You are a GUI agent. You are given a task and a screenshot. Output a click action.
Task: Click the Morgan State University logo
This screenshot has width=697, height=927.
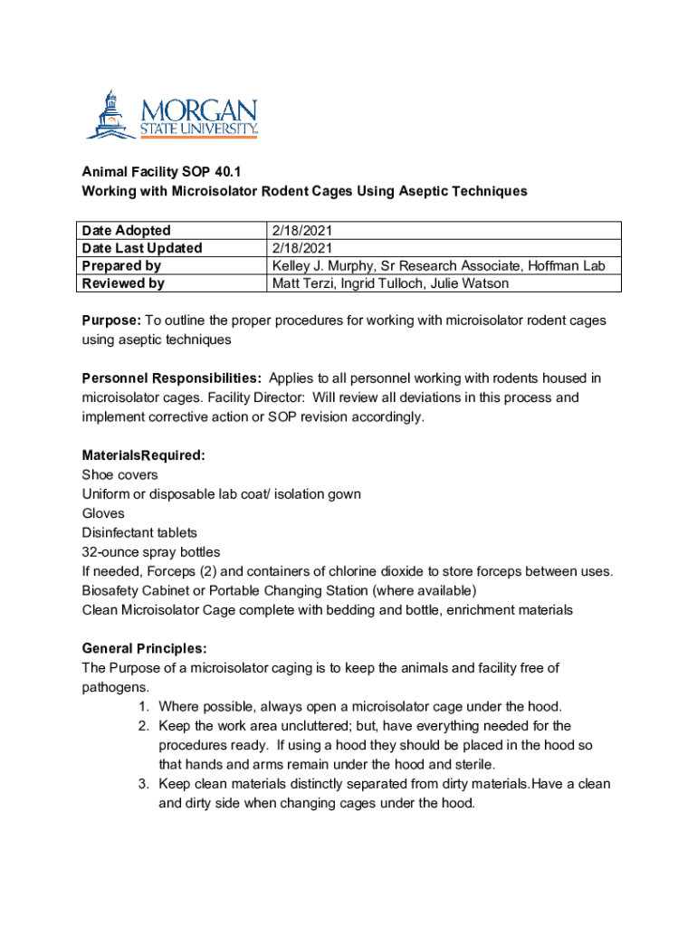[172, 115]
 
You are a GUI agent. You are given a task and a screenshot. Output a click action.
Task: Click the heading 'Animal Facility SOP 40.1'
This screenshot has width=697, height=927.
[161, 172]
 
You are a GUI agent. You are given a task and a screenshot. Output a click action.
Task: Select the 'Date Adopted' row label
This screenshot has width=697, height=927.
[126, 230]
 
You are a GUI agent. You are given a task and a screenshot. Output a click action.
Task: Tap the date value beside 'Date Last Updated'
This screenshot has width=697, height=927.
[302, 248]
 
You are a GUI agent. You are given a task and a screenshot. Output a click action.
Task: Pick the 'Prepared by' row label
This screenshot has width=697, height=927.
[121, 265]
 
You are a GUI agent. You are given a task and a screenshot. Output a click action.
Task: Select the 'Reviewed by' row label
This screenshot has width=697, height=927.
[123, 283]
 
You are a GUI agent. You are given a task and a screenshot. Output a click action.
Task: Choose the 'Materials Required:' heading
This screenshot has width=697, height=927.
[143, 455]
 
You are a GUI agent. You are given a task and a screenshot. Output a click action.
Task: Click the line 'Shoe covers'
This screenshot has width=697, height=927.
[119, 474]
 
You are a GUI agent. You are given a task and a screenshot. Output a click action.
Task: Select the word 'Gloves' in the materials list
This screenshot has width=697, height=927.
[103, 513]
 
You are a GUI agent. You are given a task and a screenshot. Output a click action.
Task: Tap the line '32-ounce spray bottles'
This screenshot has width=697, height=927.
[151, 551]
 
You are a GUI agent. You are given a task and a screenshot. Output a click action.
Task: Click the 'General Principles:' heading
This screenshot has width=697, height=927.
[144, 648]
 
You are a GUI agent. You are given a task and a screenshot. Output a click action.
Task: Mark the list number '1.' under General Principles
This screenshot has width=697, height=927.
[144, 706]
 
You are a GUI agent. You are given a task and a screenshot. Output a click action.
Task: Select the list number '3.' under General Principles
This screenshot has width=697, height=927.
[144, 783]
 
